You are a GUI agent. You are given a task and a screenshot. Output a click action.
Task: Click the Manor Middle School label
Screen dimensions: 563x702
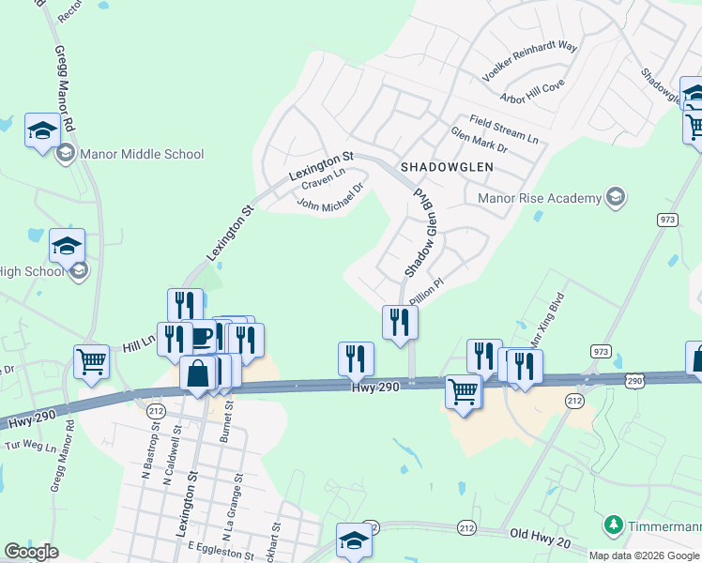tap(142, 154)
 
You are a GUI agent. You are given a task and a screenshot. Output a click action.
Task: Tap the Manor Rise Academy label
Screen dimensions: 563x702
tap(539, 198)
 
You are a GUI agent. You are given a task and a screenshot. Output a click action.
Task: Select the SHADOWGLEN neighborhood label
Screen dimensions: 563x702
tap(447, 166)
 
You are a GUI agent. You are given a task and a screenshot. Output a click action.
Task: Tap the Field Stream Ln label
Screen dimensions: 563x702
tap(505, 130)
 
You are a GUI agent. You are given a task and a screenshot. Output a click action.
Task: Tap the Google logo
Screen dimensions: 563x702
tap(32, 552)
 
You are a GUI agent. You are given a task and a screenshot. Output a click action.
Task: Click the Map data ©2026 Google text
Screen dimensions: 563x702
tap(643, 555)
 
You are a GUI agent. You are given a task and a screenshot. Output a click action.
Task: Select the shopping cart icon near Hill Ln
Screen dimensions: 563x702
tap(91, 361)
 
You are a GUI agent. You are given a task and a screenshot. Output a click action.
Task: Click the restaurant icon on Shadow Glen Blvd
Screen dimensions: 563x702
tap(401, 322)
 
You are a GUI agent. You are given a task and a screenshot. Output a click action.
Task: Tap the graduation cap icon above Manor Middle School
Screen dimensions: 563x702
tap(42, 129)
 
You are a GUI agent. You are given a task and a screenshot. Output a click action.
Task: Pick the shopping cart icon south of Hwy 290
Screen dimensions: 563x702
tap(463, 391)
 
